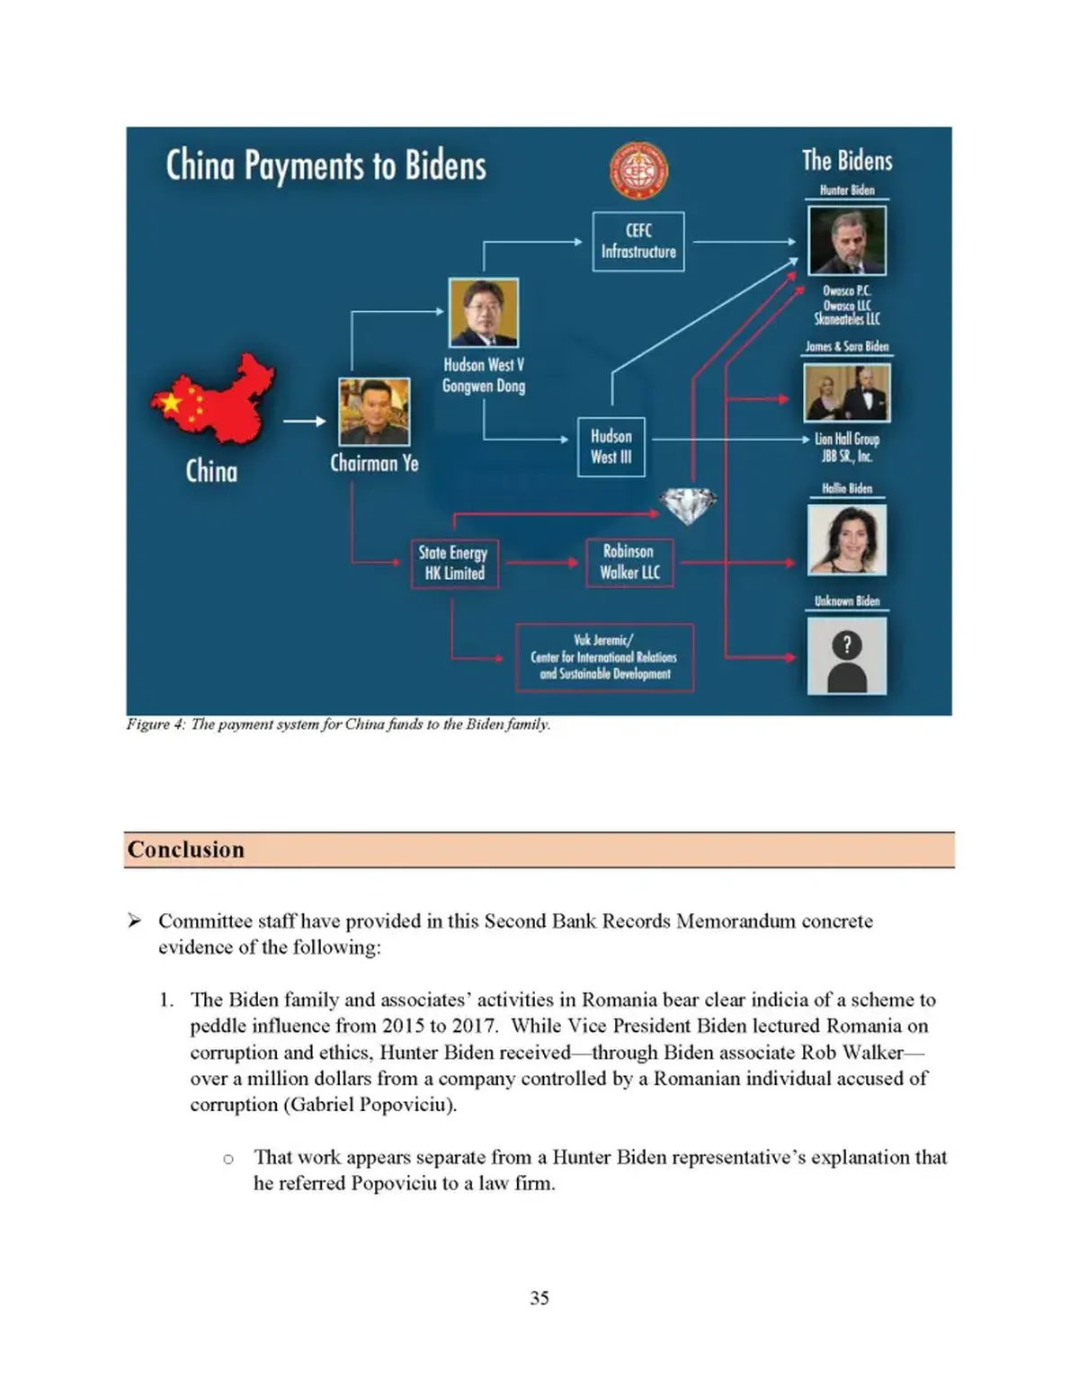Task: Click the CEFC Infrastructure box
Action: pyautogui.click(x=638, y=241)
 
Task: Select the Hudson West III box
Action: pyautogui.click(x=611, y=447)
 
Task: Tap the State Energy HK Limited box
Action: pyautogui.click(x=454, y=564)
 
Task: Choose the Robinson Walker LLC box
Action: pyautogui.click(x=629, y=563)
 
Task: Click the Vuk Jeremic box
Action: pyautogui.click(x=604, y=657)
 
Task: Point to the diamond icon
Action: pyautogui.click(x=688, y=505)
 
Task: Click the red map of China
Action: pyautogui.click(x=214, y=399)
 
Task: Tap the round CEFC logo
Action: pyautogui.click(x=638, y=171)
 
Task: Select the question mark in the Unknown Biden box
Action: pyautogui.click(x=846, y=644)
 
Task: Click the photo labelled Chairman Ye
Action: pyautogui.click(x=374, y=412)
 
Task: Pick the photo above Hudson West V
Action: pyautogui.click(x=484, y=313)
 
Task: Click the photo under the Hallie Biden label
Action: pyautogui.click(x=846, y=539)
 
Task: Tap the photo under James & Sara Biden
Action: pyautogui.click(x=846, y=393)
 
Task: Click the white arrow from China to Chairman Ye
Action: pyautogui.click(x=305, y=421)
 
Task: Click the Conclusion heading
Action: pyautogui.click(x=186, y=849)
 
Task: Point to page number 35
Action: pyautogui.click(x=539, y=1298)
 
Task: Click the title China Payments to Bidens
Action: pyautogui.click(x=325, y=166)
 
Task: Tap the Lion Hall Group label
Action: pyautogui.click(x=847, y=440)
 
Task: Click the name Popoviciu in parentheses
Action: pyautogui.click(x=402, y=1105)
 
